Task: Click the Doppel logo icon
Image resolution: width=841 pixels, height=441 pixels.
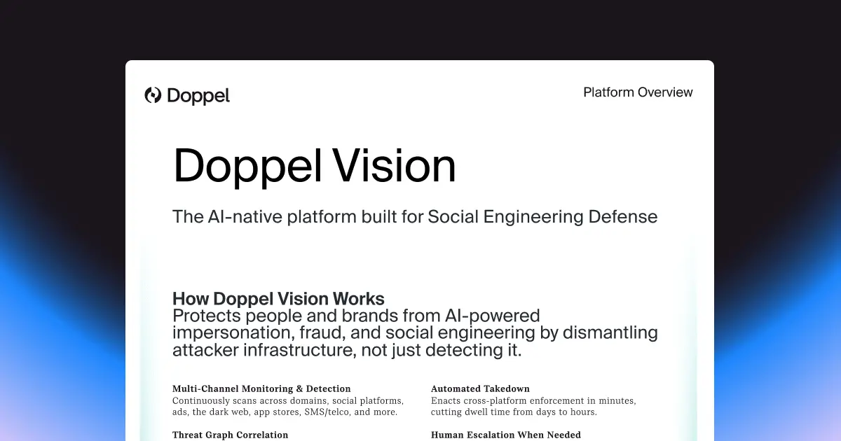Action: point(153,95)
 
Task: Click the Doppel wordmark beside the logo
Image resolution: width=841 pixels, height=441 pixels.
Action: point(198,96)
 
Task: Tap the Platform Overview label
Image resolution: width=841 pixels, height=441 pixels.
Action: point(638,92)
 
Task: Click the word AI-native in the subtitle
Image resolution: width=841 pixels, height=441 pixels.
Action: point(245,217)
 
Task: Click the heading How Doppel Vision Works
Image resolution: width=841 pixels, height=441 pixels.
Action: point(278,299)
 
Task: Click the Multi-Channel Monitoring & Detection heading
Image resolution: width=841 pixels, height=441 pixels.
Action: point(261,388)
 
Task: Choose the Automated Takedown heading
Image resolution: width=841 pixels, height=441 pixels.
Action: point(480,388)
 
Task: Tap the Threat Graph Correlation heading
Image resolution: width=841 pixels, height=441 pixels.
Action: point(230,435)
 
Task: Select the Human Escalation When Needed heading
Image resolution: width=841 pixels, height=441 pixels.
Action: point(505,435)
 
